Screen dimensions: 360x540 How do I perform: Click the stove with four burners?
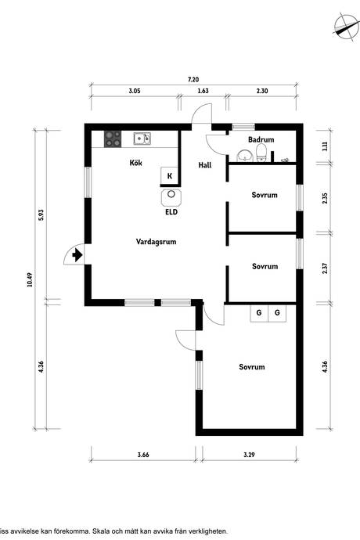tap(113, 139)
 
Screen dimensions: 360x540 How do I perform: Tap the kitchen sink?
tap(142, 139)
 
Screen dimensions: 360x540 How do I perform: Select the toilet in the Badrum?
tap(261, 153)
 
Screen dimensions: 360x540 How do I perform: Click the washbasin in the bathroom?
tap(245, 156)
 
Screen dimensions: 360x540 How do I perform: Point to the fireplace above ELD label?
tap(171, 197)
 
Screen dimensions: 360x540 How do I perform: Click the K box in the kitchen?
tap(170, 176)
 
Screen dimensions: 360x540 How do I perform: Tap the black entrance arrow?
tap(77, 256)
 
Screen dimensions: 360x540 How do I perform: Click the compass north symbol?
tap(346, 27)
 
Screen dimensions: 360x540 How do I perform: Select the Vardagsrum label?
tap(156, 242)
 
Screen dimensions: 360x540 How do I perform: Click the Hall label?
tap(205, 165)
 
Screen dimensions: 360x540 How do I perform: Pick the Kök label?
tap(135, 163)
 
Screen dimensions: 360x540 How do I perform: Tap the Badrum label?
tap(261, 139)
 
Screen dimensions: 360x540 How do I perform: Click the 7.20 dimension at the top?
tap(193, 80)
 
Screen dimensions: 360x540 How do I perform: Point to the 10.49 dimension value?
tap(30, 279)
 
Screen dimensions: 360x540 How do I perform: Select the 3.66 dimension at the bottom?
tap(143, 455)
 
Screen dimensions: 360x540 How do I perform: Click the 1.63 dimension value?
tap(203, 91)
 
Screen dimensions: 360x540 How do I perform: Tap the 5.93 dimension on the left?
tap(41, 215)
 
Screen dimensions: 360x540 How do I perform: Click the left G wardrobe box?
tap(259, 313)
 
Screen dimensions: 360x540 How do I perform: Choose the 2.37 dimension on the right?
tap(325, 268)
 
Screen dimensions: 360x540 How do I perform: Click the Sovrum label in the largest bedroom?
tap(252, 367)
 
